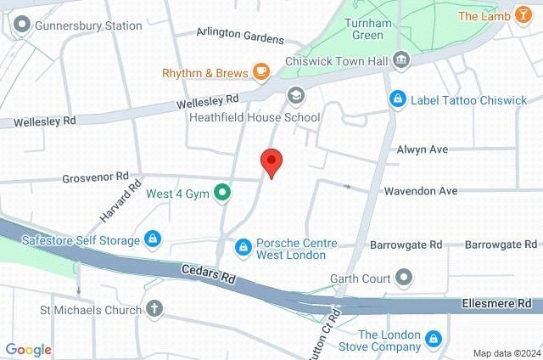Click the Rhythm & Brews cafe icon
click(261, 71)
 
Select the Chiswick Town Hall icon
click(402, 59)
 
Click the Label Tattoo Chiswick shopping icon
click(396, 100)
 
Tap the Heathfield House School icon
click(295, 94)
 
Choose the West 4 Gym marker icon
click(222, 193)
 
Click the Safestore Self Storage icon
click(152, 240)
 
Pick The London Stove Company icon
click(433, 340)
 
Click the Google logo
click(28, 350)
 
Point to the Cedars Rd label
click(207, 274)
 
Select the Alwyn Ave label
click(423, 149)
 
